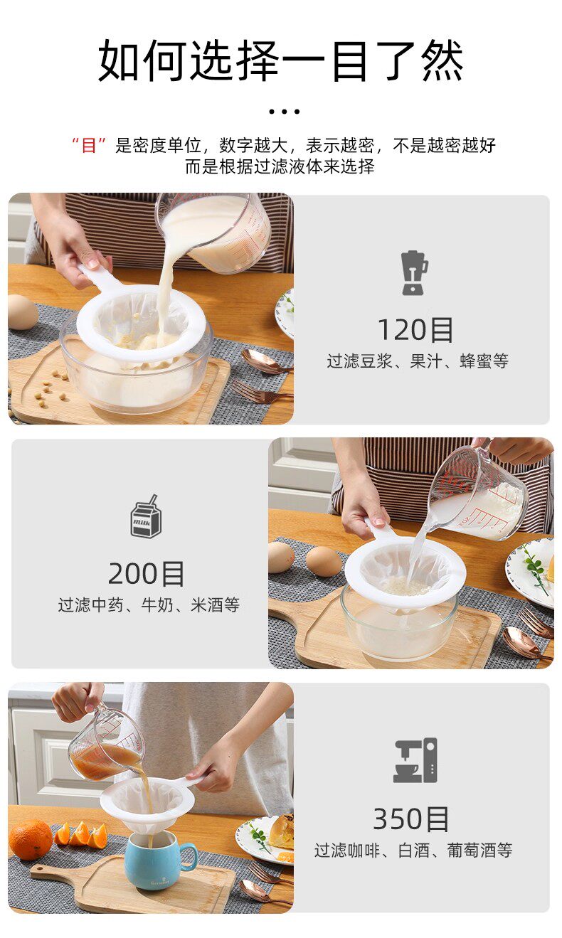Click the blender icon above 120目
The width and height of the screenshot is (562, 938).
414,273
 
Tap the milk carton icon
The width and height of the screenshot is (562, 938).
146,516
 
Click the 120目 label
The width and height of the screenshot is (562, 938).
416,330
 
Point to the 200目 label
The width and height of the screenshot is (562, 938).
146,574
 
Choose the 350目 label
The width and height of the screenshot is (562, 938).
411,819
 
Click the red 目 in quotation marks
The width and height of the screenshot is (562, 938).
89,145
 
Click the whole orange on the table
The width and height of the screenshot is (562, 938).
30,839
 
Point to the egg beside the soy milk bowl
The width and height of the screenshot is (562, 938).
22,312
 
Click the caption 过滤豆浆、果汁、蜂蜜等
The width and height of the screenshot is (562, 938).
418,361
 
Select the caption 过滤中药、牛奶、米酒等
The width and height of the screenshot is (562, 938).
149,604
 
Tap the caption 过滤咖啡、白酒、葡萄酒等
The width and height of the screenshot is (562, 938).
413,850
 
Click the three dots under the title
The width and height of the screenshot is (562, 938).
284,112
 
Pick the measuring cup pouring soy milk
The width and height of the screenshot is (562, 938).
215,233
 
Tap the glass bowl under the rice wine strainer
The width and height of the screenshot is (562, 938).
398,624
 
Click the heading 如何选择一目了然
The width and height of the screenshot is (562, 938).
281,60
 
